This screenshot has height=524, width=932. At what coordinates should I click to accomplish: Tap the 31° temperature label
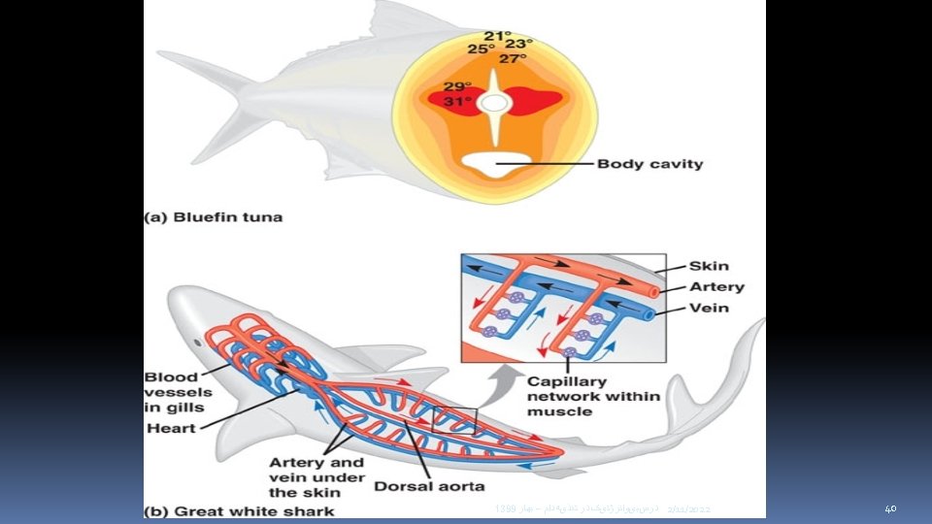pos(457,101)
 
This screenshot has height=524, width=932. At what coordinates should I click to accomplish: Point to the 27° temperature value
pos(513,58)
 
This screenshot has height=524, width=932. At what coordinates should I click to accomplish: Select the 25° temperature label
pos(481,49)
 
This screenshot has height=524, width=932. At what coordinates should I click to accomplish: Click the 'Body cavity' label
pos(649,164)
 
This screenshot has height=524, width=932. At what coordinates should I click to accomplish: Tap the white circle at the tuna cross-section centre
pos(494,102)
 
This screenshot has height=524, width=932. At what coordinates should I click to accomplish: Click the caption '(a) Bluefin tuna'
pos(214,217)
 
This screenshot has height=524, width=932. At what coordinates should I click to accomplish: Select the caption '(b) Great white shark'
pos(239,510)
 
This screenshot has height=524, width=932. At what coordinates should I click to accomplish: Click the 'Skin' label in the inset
pos(709,266)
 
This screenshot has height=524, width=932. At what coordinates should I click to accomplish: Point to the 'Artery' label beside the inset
pos(716,287)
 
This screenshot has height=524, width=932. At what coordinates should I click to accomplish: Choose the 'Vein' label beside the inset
pos(709,309)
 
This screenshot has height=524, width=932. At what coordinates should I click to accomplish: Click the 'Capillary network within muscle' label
pos(592,396)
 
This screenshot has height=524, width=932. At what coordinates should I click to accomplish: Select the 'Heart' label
pos(170,428)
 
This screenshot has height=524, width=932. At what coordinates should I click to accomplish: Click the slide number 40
pos(890,508)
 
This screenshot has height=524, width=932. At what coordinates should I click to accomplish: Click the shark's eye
pos(200,342)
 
